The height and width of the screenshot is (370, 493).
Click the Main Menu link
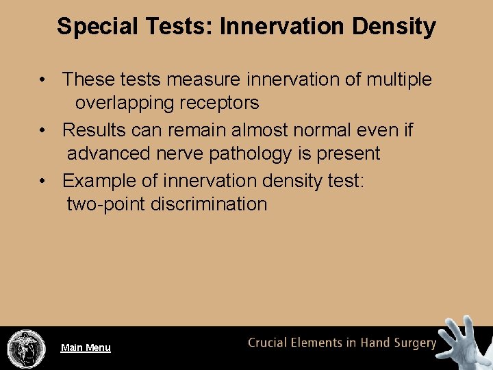tap(86, 347)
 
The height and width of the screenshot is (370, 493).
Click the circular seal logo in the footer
tap(26, 349)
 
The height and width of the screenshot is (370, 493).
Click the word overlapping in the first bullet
tap(121, 103)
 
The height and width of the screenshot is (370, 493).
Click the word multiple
tap(399, 79)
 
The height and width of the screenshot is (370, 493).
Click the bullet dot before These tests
tap(42, 80)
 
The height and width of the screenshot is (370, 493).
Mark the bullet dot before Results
tap(42, 130)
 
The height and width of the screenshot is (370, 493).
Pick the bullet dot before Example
tap(42, 181)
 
